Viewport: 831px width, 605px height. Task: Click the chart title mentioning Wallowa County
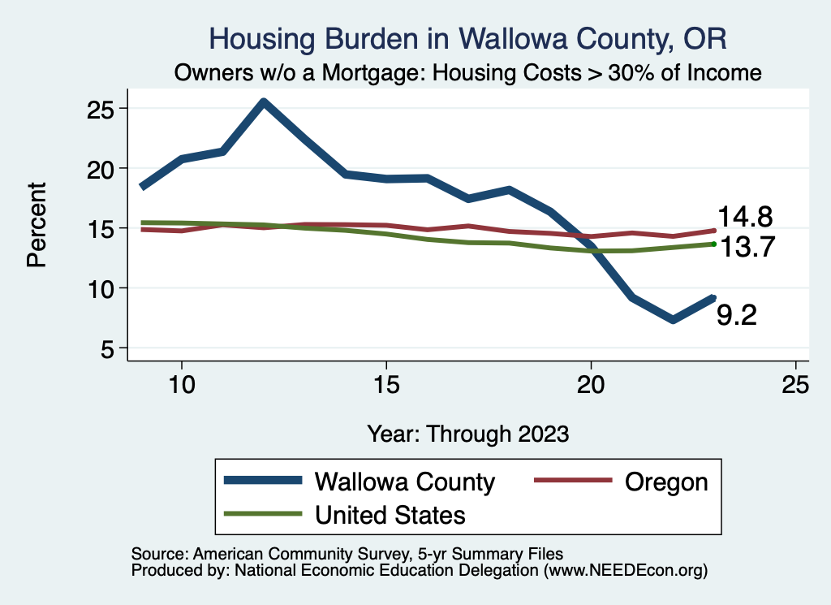pyautogui.click(x=467, y=39)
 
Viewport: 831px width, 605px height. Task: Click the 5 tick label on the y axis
pyautogui.click(x=109, y=348)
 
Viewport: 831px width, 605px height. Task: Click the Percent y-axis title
pyautogui.click(x=37, y=225)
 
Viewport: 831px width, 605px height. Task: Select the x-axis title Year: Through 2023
pyautogui.click(x=467, y=433)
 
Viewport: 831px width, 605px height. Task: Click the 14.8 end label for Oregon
pyautogui.click(x=744, y=217)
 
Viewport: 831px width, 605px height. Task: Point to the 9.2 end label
pyautogui.click(x=737, y=315)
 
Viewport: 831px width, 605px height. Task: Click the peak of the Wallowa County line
pyautogui.click(x=264, y=102)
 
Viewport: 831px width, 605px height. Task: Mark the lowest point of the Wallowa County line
pyautogui.click(x=673, y=320)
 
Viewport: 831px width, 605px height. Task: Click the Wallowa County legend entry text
pyautogui.click(x=404, y=482)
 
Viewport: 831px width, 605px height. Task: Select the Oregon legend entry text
pyautogui.click(x=666, y=482)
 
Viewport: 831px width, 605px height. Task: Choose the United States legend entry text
pyautogui.click(x=390, y=515)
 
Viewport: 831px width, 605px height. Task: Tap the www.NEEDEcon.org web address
pyautogui.click(x=625, y=571)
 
